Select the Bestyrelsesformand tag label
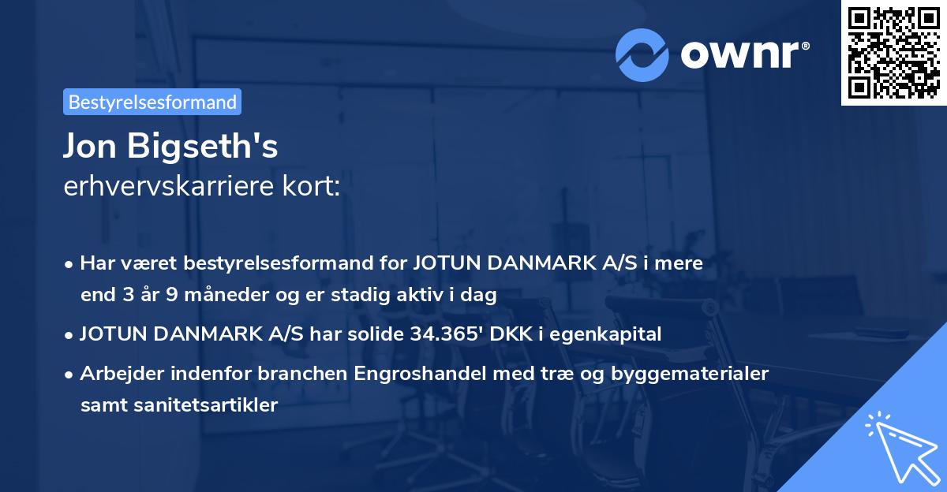click(x=152, y=102)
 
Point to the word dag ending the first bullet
click(x=480, y=296)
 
